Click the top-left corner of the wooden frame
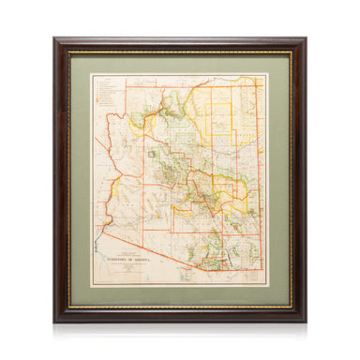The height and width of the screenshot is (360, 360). [x=55, y=39]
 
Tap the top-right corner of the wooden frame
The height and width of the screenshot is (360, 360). [x=306, y=39]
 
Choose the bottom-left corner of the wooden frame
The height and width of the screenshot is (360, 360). [x=55, y=322]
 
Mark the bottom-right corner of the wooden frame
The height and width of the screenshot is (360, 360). [x=306, y=322]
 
